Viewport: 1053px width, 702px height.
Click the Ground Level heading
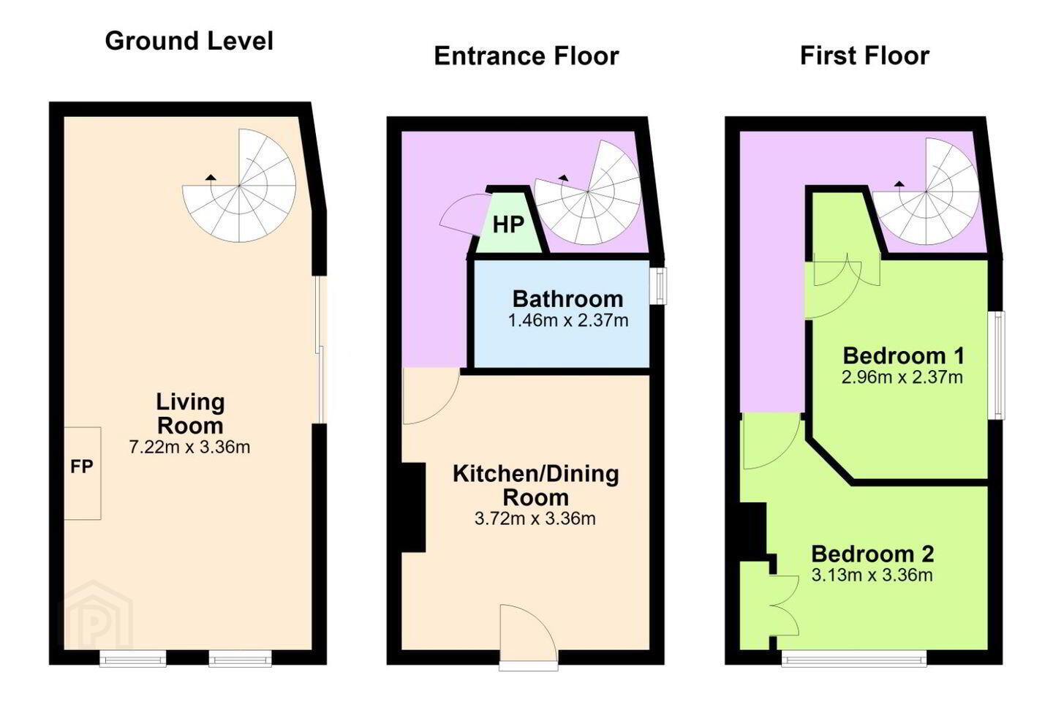click(x=189, y=41)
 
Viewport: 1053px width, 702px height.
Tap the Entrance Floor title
click(x=526, y=56)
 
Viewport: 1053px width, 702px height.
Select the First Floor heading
click(x=864, y=56)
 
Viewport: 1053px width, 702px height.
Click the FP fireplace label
click(x=82, y=467)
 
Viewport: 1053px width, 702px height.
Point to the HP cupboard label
click(x=508, y=224)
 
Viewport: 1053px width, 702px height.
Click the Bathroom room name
click(x=568, y=299)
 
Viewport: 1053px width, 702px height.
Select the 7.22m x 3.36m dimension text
click(x=189, y=447)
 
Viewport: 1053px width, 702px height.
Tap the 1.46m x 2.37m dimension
click(x=568, y=321)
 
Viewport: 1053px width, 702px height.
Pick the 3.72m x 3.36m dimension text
click(x=535, y=518)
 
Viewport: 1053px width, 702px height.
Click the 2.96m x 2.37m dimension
click(x=902, y=377)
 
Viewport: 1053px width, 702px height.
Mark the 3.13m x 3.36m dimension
click(x=872, y=575)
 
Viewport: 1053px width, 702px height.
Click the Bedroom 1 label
click(x=903, y=356)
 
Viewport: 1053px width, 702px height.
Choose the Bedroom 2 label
click(x=872, y=554)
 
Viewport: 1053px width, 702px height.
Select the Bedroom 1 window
click(x=997, y=366)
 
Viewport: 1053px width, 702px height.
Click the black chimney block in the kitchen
click(x=414, y=507)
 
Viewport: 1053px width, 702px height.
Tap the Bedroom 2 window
click(x=854, y=658)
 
